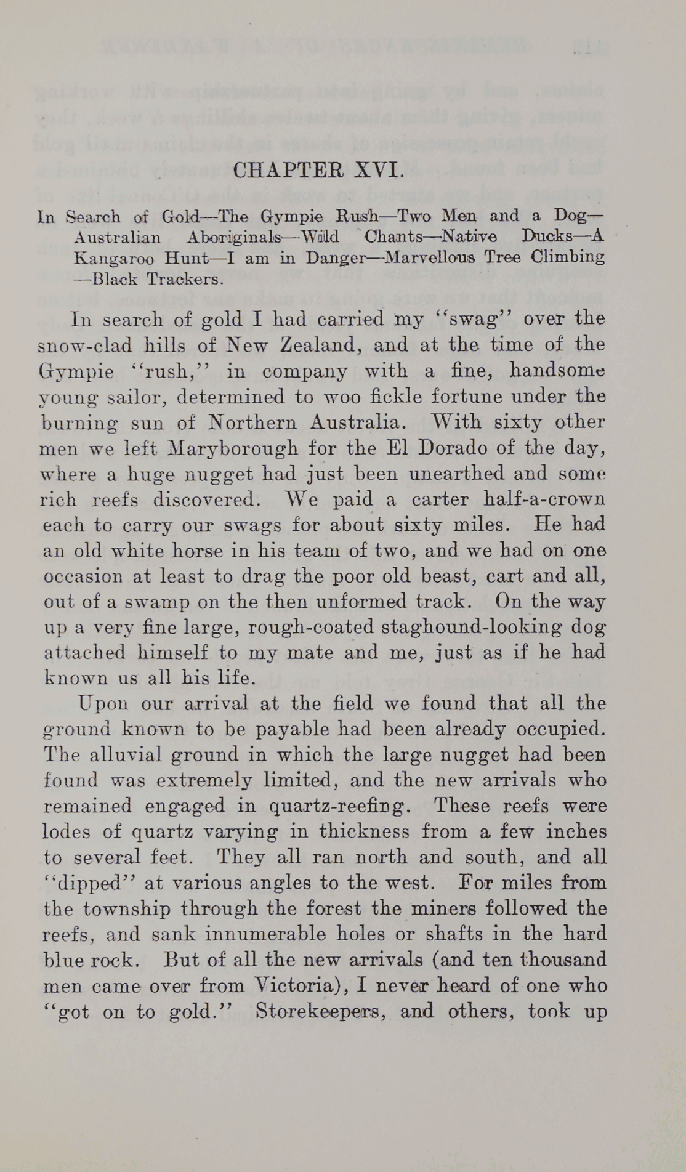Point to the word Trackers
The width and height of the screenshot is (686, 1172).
[x=184, y=279]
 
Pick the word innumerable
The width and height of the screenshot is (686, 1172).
[x=266, y=934]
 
